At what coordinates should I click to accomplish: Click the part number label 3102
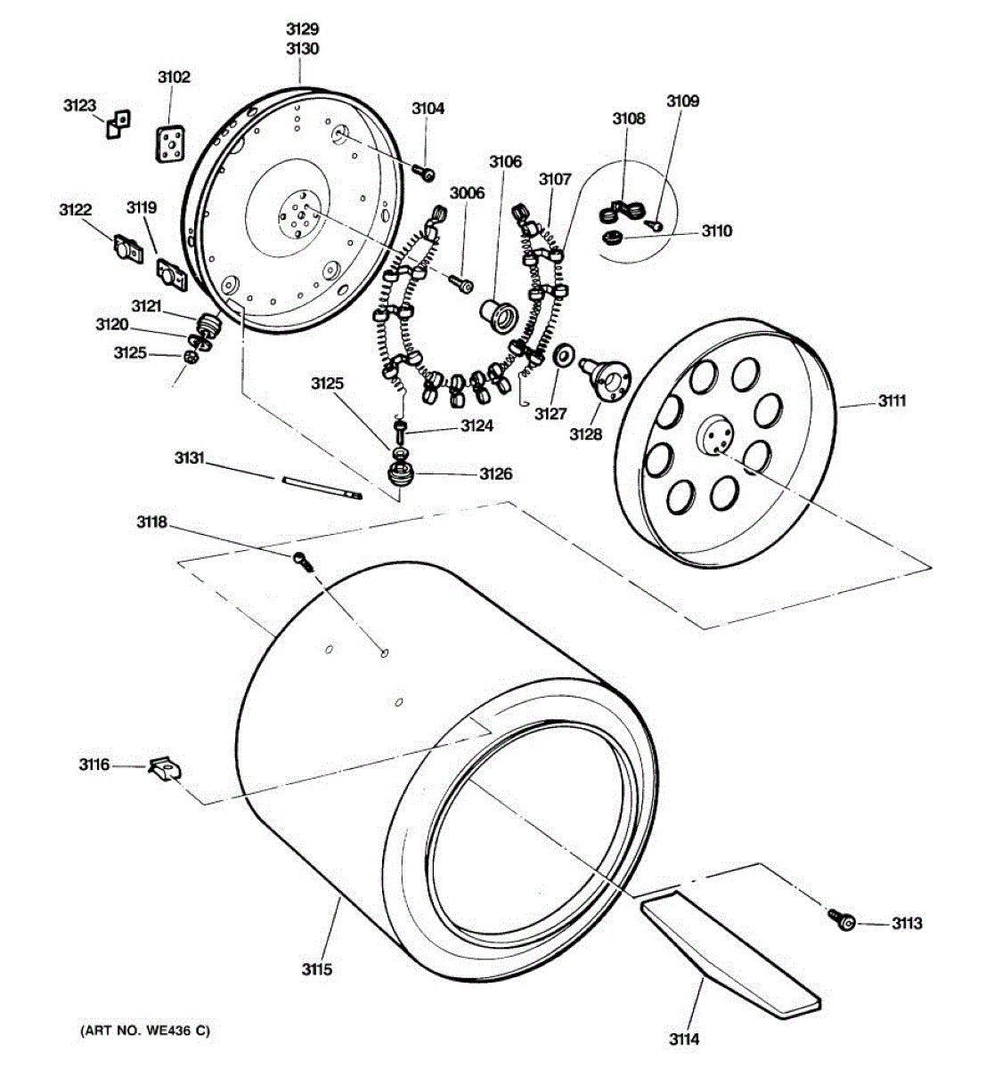174,77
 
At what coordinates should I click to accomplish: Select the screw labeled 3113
842,921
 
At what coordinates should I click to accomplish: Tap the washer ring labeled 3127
563,358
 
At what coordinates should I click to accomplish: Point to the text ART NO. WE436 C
145,1031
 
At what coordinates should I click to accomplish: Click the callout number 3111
892,400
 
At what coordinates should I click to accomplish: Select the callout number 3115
316,968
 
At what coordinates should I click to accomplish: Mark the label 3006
467,193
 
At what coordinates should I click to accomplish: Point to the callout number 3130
302,49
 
